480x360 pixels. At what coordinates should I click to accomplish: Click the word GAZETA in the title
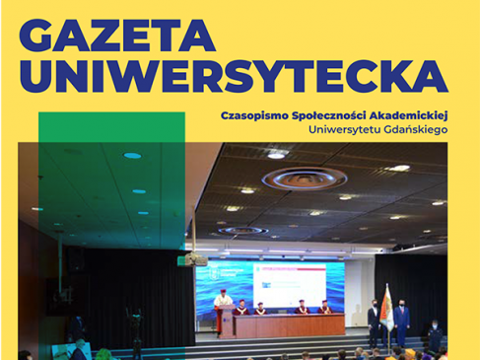pos(116,36)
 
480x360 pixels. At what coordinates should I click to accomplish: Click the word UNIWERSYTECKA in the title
pos(233,76)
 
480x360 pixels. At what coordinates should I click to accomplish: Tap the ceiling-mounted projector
pos(193,259)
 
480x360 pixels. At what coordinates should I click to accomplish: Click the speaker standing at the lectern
pos(223,304)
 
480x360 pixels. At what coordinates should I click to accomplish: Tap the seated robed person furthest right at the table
pos(324,309)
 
